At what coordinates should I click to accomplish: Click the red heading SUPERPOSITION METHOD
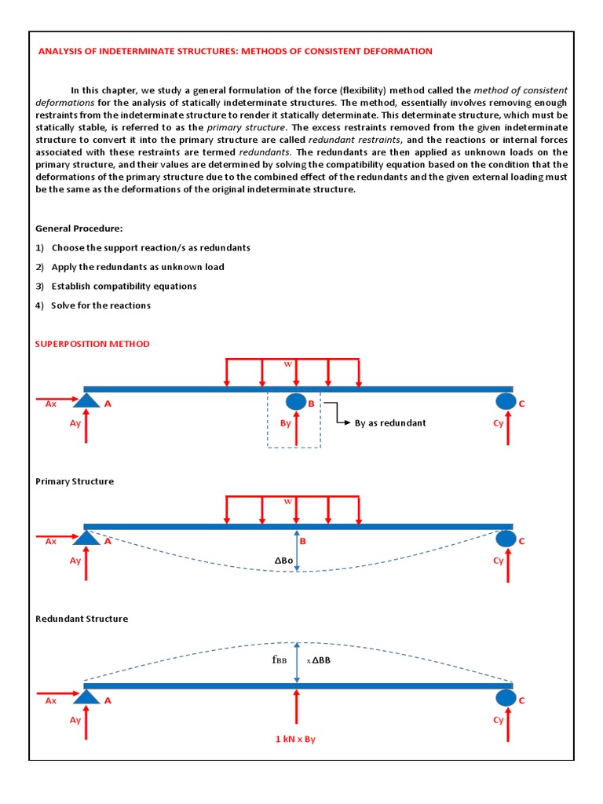pos(93,344)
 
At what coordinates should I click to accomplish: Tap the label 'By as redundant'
pos(390,422)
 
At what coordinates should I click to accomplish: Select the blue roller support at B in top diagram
pos(296,402)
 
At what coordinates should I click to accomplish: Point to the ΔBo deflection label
pos(284,560)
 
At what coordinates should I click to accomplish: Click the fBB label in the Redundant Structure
pos(280,660)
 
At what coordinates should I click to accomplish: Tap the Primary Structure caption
pos(75,481)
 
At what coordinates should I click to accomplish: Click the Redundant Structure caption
pos(82,619)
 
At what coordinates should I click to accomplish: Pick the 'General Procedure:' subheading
pos(79,228)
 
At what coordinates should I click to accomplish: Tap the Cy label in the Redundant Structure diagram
pos(499,720)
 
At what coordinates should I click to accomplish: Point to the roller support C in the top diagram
pos(506,402)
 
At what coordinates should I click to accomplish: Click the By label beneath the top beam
pos(285,423)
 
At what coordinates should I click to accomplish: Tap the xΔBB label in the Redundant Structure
pos(319,660)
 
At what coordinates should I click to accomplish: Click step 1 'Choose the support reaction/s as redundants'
pos(151,247)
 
